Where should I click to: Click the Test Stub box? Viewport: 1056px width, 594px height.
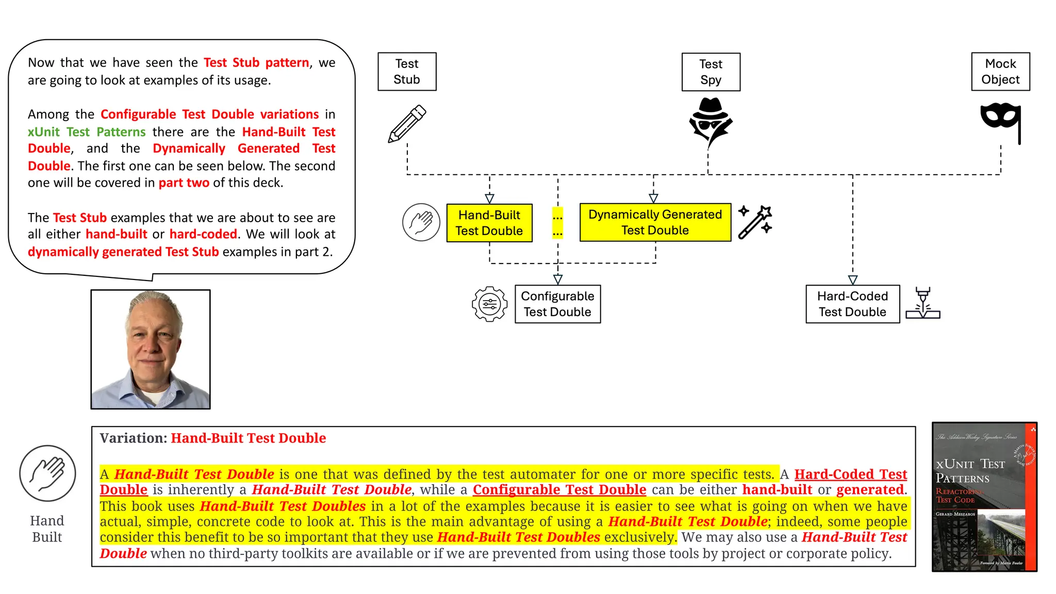(407, 72)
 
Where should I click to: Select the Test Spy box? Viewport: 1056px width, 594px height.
(711, 72)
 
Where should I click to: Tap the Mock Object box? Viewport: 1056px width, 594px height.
(1000, 72)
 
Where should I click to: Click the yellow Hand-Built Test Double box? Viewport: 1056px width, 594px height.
(489, 223)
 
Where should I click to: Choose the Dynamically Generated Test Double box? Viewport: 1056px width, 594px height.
(655, 222)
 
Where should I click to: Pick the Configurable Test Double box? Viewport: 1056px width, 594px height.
(557, 304)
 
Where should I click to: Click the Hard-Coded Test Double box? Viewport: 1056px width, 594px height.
(852, 304)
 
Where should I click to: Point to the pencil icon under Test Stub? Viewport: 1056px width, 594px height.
(407, 124)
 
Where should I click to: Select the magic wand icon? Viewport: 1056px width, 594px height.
(755, 222)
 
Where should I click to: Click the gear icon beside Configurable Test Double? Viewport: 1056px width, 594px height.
(489, 304)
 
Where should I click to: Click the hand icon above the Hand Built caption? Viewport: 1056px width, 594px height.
(47, 473)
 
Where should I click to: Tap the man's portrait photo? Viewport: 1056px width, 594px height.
(151, 350)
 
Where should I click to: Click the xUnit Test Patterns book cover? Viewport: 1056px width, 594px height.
(984, 497)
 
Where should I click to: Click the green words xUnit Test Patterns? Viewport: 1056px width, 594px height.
(87, 132)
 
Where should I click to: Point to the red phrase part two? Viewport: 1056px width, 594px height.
(184, 183)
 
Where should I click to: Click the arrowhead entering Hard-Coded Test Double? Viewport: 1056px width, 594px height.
(853, 280)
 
